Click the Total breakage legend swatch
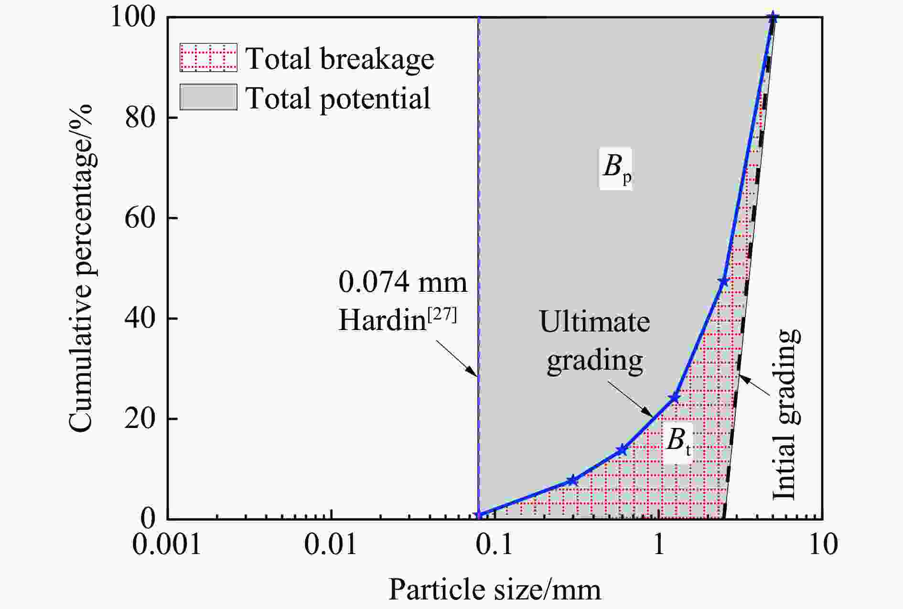[208, 58]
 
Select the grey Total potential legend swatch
[208, 97]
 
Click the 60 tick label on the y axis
[140, 218]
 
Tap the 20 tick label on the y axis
[140, 419]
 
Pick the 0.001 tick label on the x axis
[167, 544]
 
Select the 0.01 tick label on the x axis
[331, 544]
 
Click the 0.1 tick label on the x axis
[495, 544]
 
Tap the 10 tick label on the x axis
[823, 544]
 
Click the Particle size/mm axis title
[494, 589]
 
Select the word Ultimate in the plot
[594, 321]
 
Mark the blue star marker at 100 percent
[773, 18]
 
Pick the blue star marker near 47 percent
[723, 282]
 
